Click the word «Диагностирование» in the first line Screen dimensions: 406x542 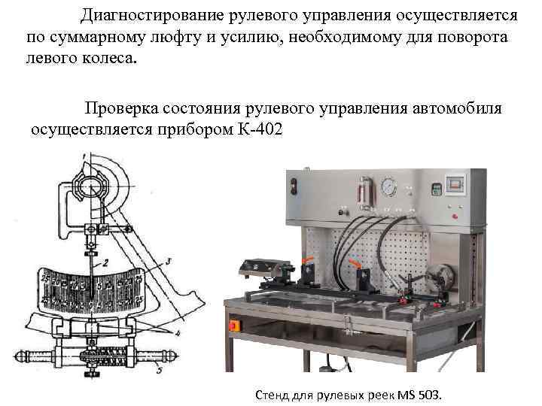[151, 16]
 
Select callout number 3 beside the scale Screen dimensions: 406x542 [169, 259]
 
